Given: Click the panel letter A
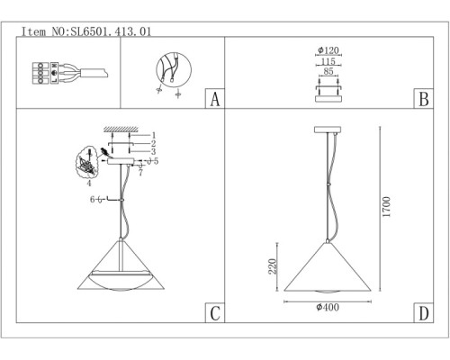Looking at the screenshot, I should click(212, 98).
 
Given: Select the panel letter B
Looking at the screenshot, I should click(420, 98).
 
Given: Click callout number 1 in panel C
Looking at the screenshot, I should click(154, 134).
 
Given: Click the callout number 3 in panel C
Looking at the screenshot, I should click(154, 151).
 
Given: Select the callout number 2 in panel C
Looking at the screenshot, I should click(154, 143).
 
